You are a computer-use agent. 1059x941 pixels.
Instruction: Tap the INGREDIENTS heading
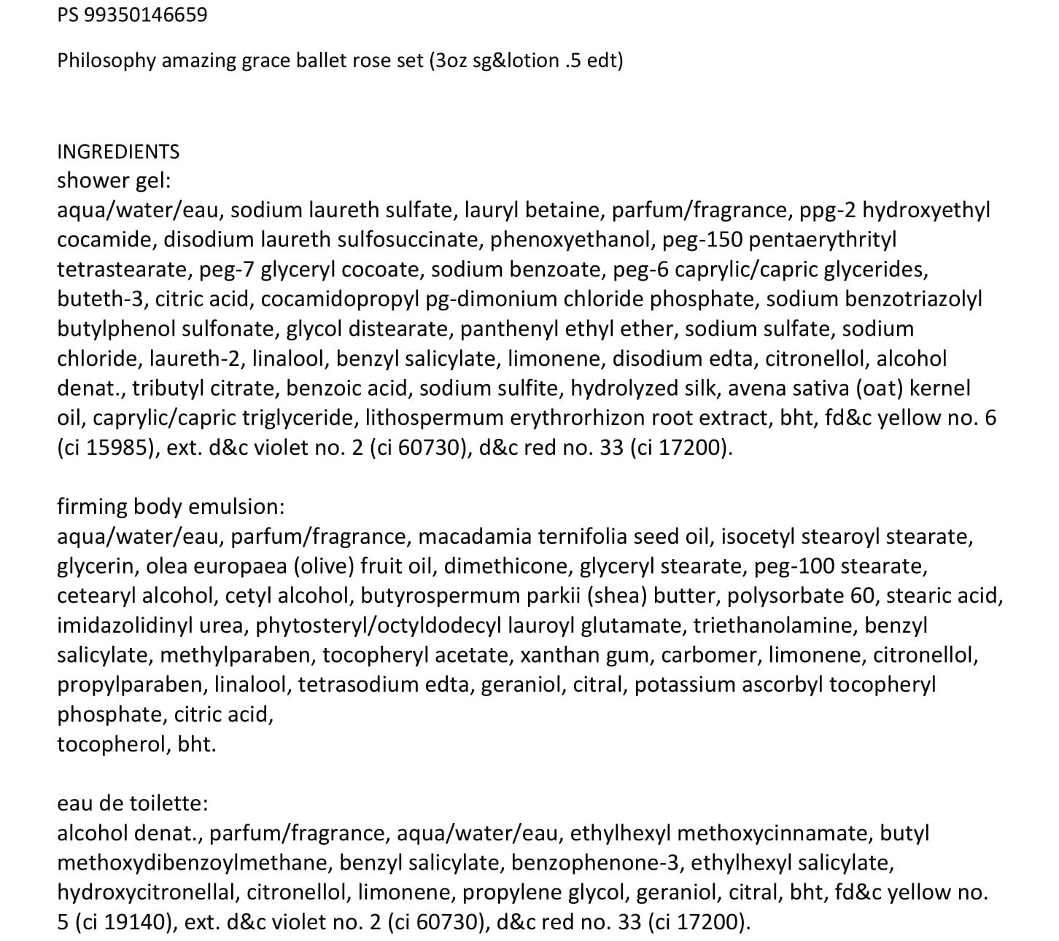pos(118,152)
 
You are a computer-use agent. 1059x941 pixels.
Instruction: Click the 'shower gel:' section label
pos(114,181)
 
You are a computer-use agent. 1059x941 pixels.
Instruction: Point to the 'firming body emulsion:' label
pos(171,507)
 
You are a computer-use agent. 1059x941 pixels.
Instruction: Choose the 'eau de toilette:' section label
pos(133,803)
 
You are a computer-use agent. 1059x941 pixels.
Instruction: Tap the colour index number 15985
pos(115,448)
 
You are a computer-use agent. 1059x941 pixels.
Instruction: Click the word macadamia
pos(473,536)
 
